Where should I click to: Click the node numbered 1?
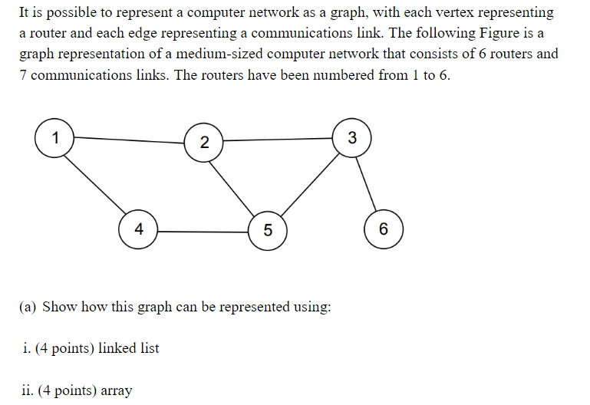tap(54, 138)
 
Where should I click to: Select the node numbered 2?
tap(203, 142)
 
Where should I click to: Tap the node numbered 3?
tap(352, 138)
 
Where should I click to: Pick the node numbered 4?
tap(138, 229)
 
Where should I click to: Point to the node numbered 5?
tap(268, 230)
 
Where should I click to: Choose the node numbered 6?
tap(383, 229)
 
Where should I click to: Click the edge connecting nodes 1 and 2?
tap(128, 140)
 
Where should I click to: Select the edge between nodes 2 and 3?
tap(277, 140)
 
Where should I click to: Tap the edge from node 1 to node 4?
tap(95, 183)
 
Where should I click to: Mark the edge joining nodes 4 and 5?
tap(203, 231)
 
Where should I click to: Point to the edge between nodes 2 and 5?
tap(233, 185)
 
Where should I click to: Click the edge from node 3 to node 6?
tap(368, 183)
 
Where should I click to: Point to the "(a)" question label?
tap(28, 307)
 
